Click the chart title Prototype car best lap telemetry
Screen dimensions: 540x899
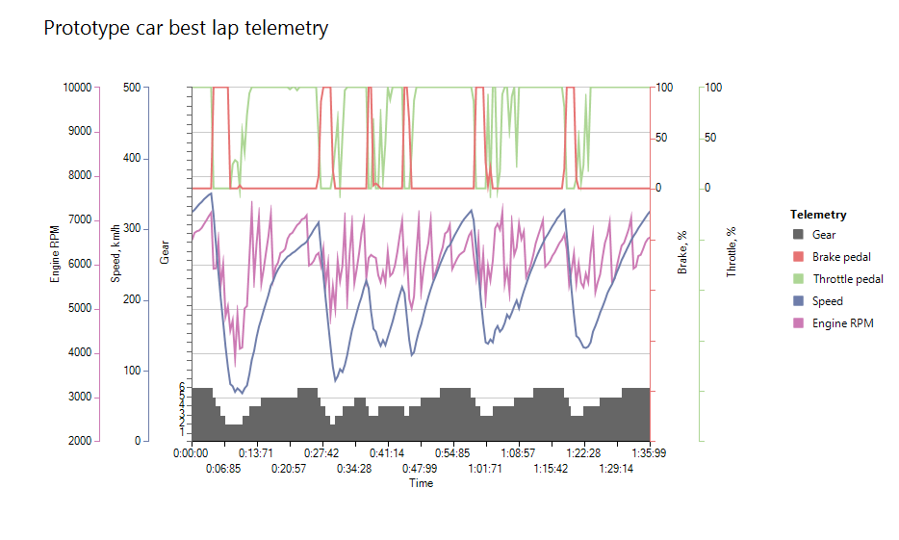pyautogui.click(x=186, y=28)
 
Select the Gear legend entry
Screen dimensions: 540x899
pyautogui.click(x=824, y=235)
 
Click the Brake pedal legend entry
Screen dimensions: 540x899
pyautogui.click(x=842, y=257)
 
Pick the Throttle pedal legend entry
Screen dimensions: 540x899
pyautogui.click(x=848, y=279)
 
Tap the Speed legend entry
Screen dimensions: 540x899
pyautogui.click(x=827, y=301)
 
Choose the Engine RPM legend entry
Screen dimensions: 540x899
pyautogui.click(x=842, y=323)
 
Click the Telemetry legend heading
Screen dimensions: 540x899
pyautogui.click(x=818, y=215)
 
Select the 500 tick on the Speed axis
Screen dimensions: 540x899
pyautogui.click(x=132, y=88)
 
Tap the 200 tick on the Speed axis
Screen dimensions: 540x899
pyautogui.click(x=132, y=299)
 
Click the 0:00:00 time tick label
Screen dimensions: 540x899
pyautogui.click(x=191, y=453)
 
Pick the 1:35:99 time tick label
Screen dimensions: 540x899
pyautogui.click(x=650, y=453)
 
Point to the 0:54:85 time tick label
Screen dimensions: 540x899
pyautogui.click(x=452, y=453)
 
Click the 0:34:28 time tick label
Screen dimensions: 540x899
pyautogui.click(x=354, y=469)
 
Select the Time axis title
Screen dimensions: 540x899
pyautogui.click(x=421, y=483)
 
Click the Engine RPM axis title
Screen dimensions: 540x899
pyautogui.click(x=56, y=252)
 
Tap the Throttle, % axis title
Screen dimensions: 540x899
pyautogui.click(x=732, y=252)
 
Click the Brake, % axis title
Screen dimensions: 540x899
pyautogui.click(x=682, y=252)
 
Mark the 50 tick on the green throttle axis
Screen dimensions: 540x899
pyautogui.click(x=710, y=138)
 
